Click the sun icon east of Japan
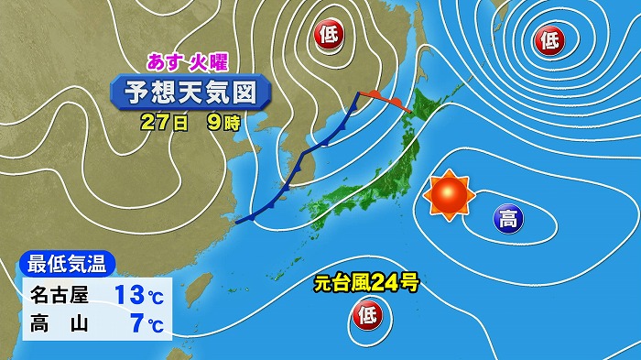(x=449, y=195)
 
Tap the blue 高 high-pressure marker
(x=508, y=218)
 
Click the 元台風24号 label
(x=365, y=284)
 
